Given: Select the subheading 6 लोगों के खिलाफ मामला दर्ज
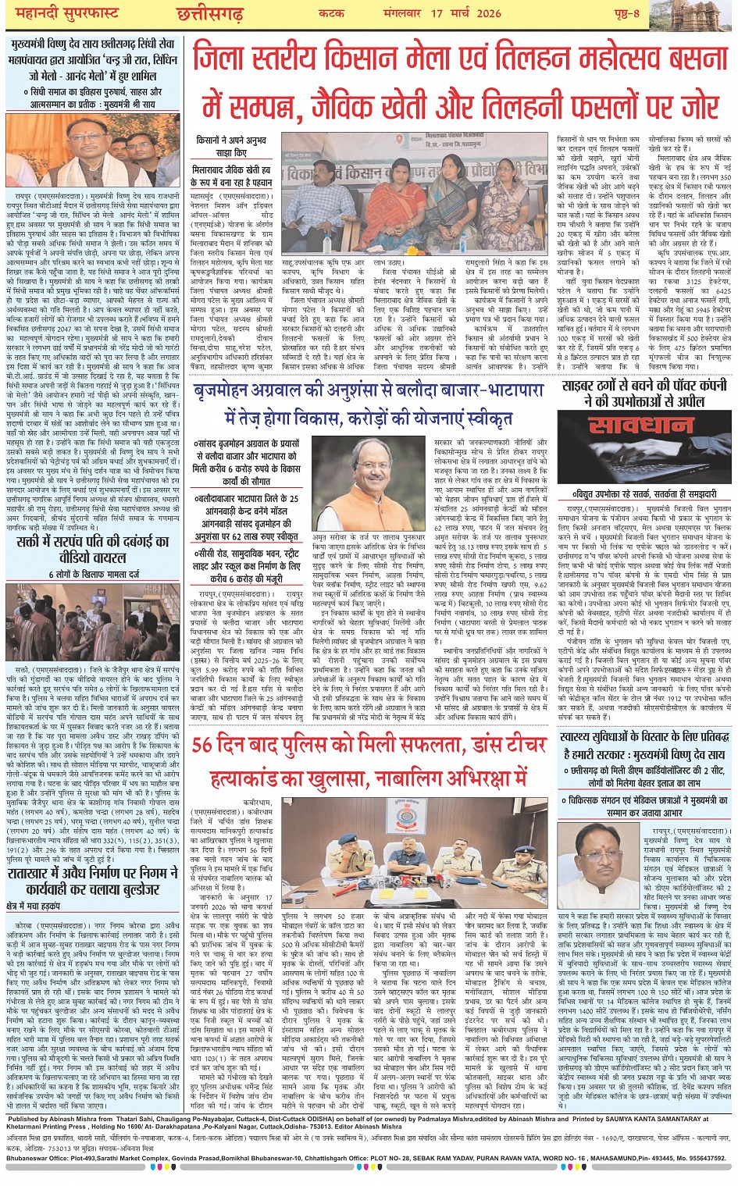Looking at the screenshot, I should pos(93,575).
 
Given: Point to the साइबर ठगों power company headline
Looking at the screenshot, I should pos(645,393).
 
